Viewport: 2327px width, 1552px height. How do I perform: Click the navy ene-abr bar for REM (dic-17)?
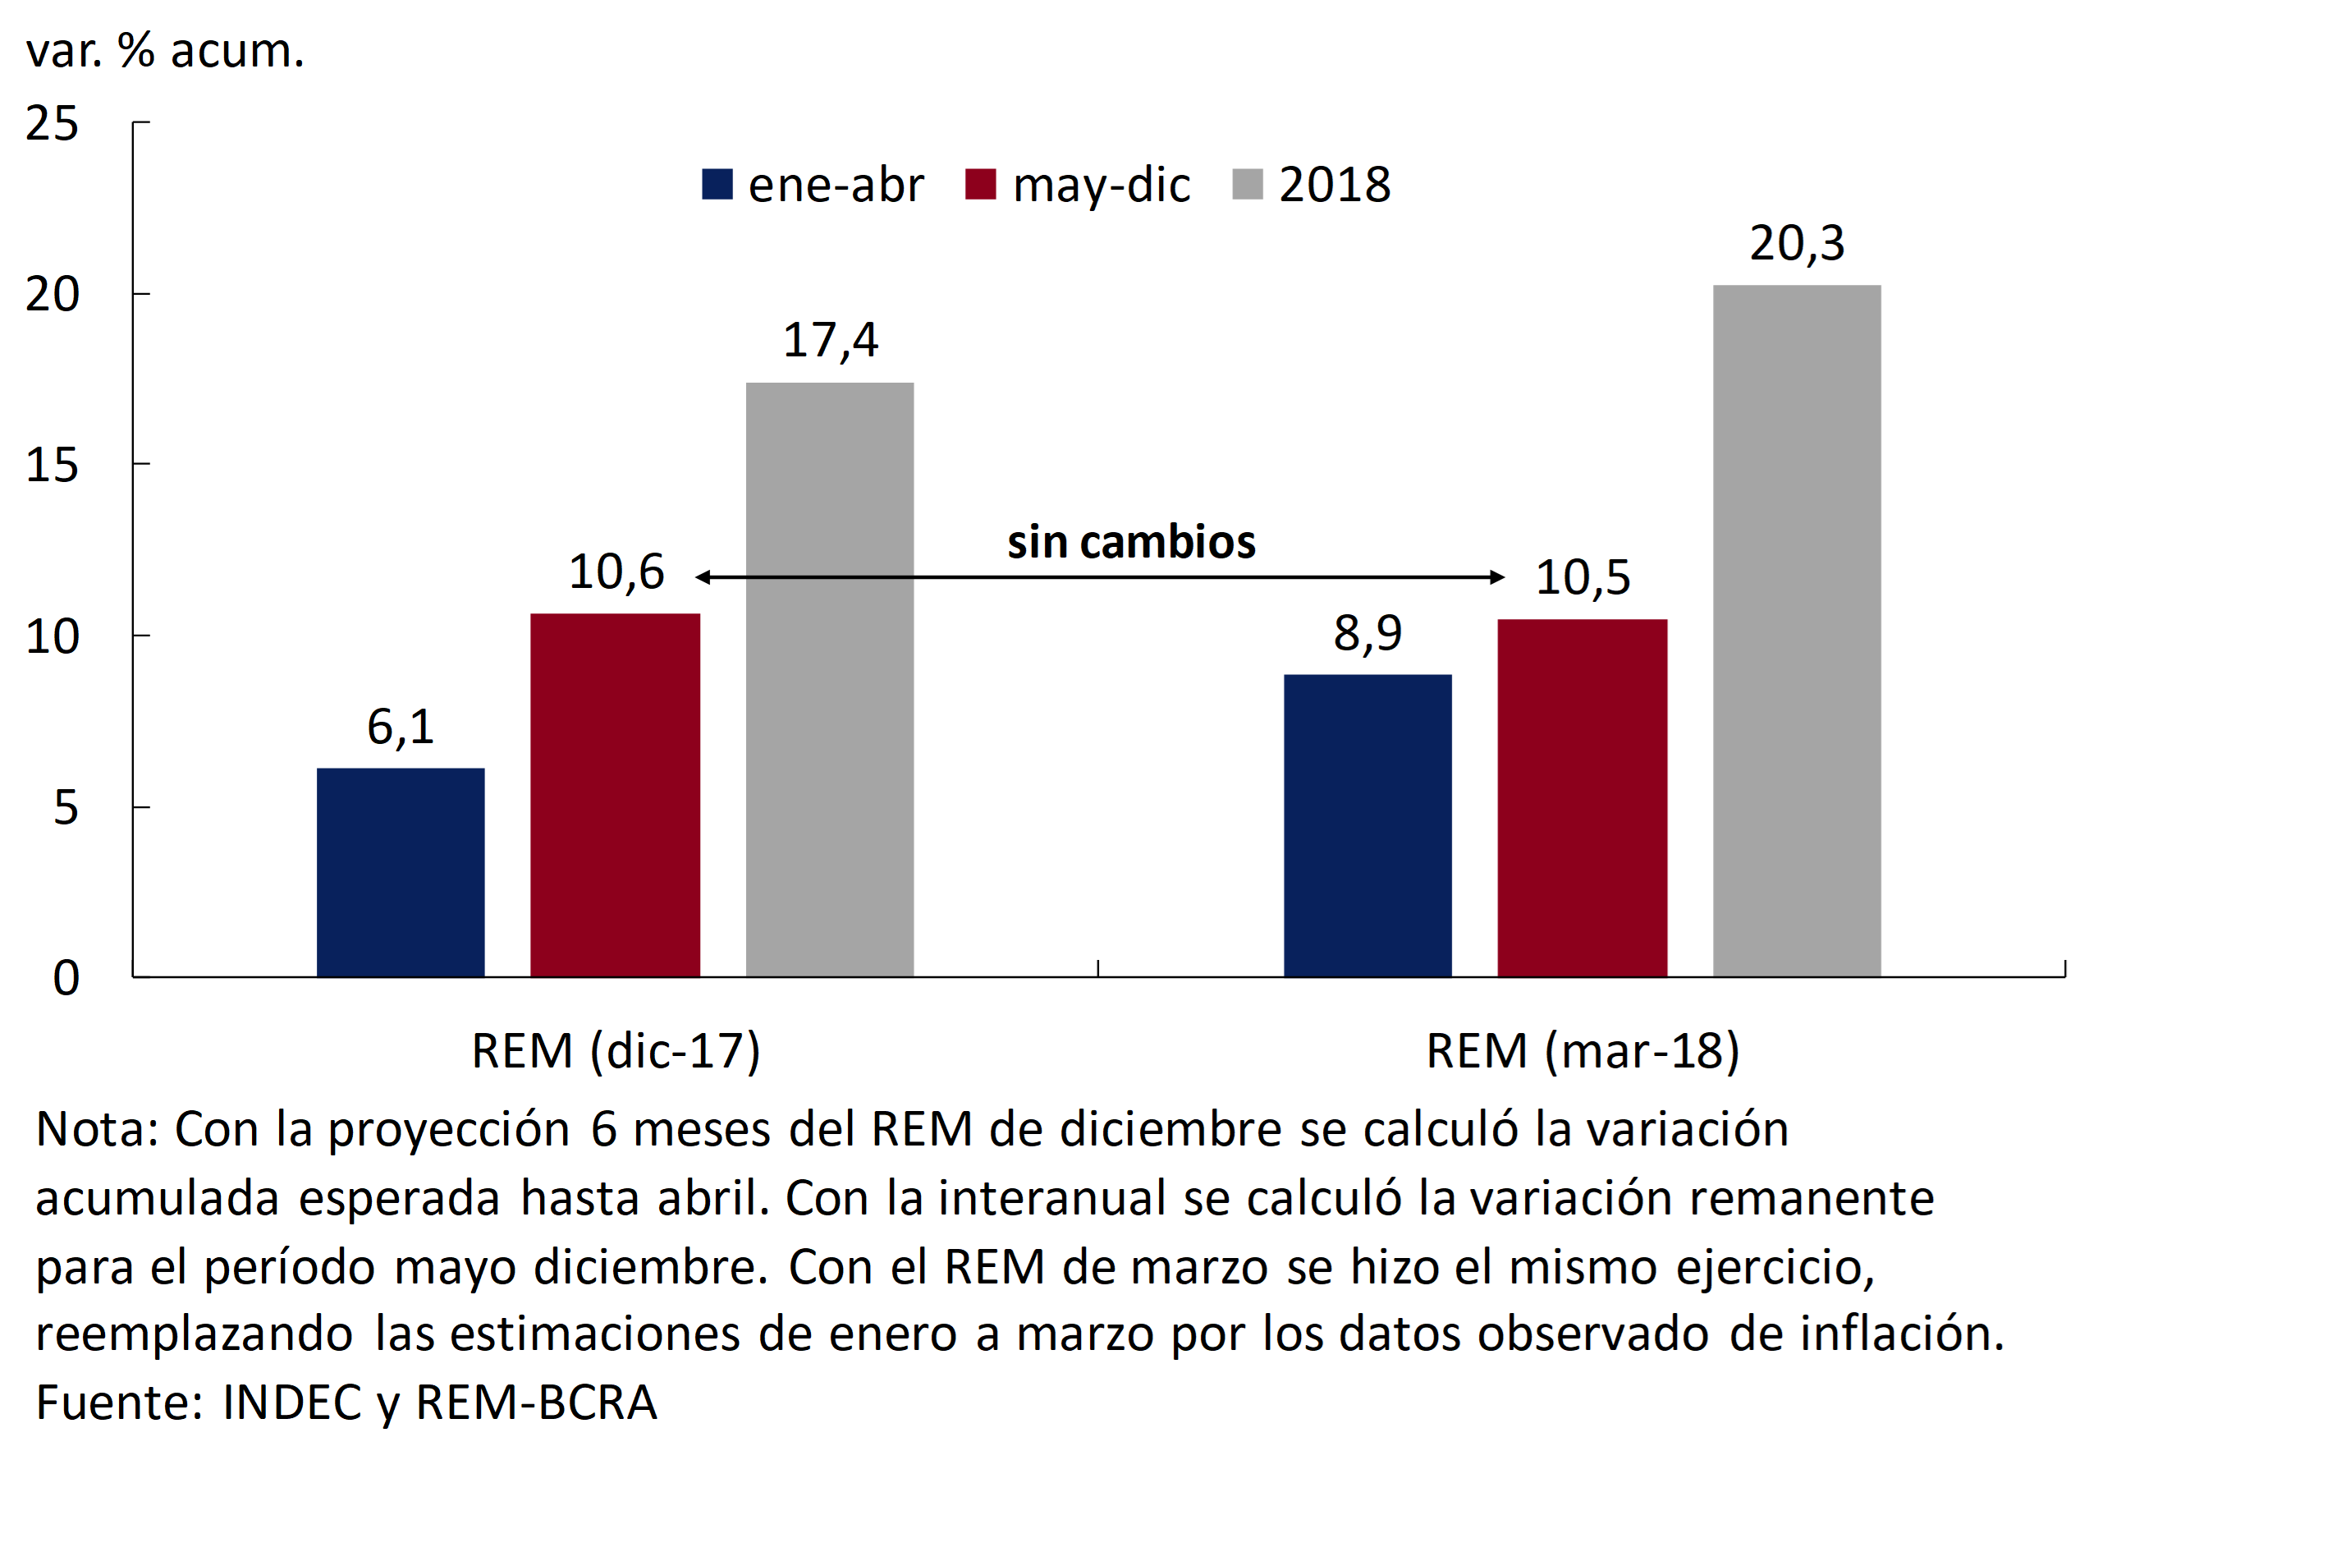[x=401, y=872]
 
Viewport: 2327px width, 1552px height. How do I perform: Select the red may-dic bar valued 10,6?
[x=615, y=795]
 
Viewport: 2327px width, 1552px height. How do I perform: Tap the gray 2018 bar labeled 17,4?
[x=829, y=679]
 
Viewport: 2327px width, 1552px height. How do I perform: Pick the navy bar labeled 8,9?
[x=1367, y=825]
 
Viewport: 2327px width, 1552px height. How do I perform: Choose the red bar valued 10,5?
[x=1582, y=798]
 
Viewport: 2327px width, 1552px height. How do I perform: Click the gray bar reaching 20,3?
[x=1797, y=631]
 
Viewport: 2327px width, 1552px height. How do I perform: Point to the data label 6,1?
[x=401, y=728]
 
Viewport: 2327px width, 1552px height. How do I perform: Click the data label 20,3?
[x=1797, y=244]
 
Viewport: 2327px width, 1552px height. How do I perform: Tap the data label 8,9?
[x=1367, y=633]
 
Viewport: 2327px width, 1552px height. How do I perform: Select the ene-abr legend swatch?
[x=717, y=185]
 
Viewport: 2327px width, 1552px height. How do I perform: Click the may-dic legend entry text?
[x=1102, y=185]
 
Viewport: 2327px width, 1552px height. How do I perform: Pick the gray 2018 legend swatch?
[x=1248, y=185]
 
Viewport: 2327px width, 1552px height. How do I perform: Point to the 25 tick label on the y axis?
[x=53, y=124]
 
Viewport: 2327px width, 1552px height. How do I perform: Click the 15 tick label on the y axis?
[x=53, y=466]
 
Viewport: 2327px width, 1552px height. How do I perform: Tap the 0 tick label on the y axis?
[x=66, y=978]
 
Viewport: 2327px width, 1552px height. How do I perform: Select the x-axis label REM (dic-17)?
[x=616, y=1050]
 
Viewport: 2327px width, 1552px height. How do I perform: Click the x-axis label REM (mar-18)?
[x=1582, y=1050]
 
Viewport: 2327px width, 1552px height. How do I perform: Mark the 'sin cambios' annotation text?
[x=1131, y=541]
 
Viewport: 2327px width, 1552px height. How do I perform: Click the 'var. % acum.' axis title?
[x=165, y=49]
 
